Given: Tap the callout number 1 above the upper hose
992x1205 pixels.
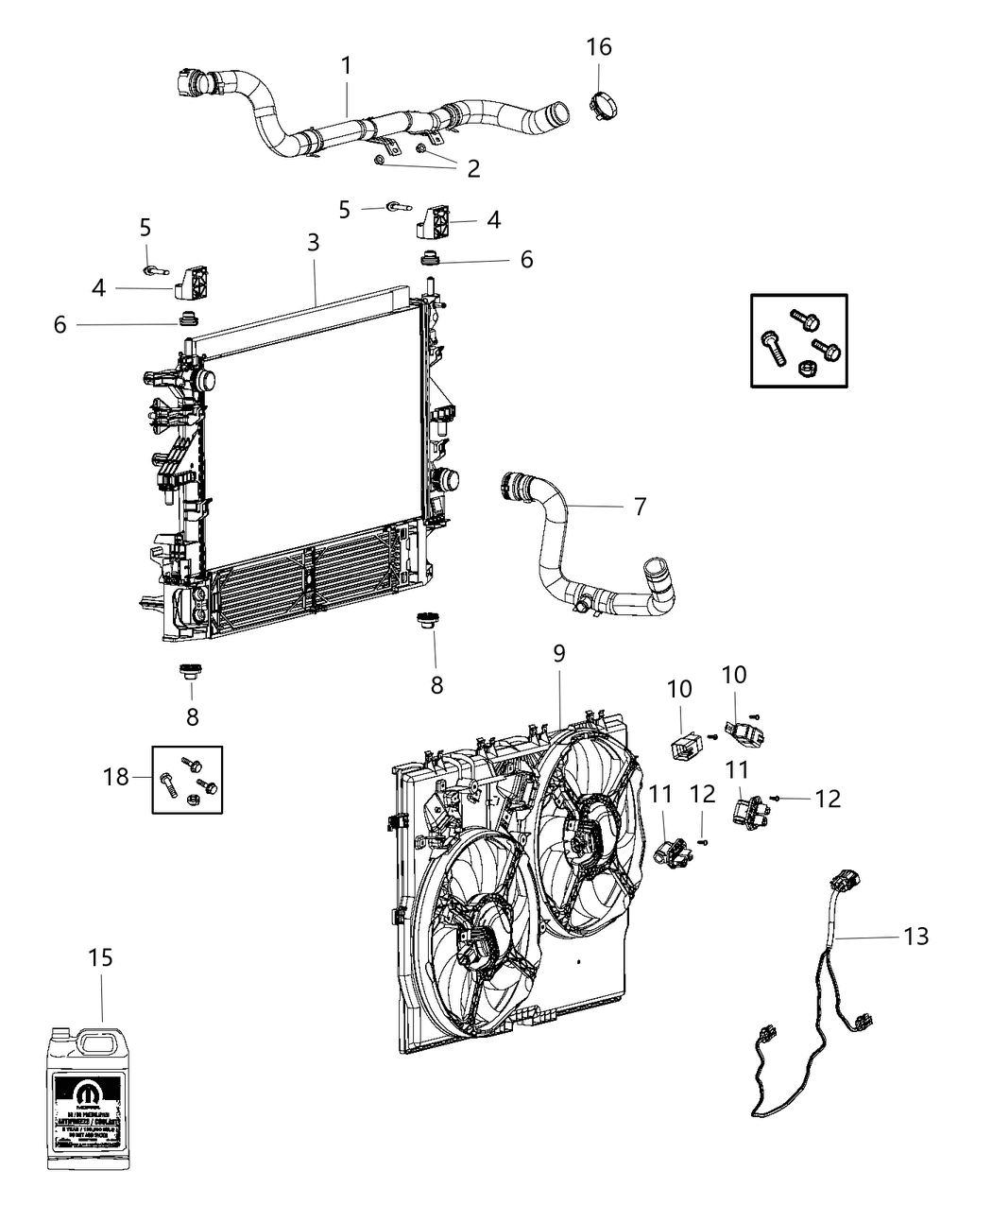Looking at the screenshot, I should [x=347, y=65].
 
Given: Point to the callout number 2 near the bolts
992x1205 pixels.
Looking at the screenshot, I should [x=472, y=168].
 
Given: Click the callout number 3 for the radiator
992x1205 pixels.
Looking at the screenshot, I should [x=313, y=242].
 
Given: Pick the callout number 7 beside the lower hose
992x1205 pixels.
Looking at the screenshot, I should [x=640, y=507].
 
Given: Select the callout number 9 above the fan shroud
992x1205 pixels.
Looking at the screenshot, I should [x=558, y=653].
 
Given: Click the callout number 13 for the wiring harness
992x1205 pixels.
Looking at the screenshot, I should [x=915, y=936].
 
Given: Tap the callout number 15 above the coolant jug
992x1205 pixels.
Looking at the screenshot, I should [x=100, y=957].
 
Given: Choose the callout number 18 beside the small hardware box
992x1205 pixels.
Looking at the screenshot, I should [x=116, y=777].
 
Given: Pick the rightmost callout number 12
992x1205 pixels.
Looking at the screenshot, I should [x=828, y=799].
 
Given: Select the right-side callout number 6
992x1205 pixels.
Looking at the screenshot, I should [x=526, y=259].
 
